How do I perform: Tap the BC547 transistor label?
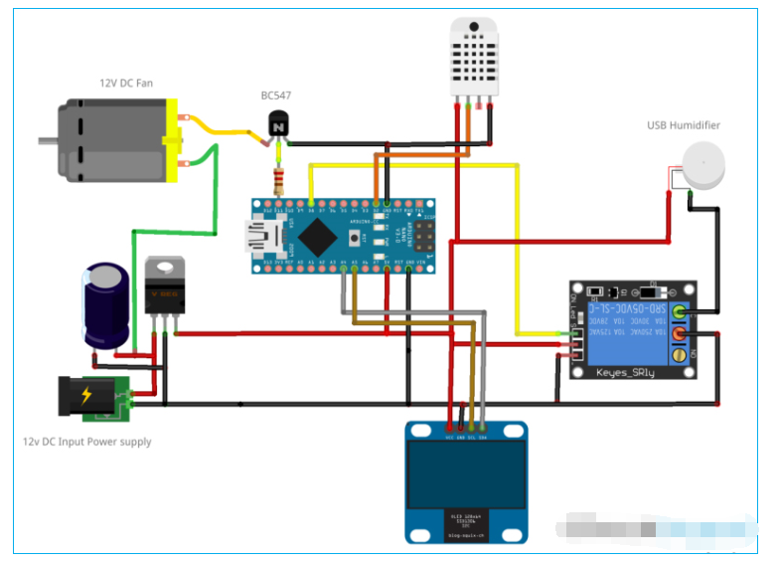275,95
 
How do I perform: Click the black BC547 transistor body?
279,125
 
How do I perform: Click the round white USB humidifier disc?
703,165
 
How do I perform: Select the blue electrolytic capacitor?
105,304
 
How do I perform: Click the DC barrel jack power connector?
92,397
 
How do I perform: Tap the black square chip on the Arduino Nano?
319,237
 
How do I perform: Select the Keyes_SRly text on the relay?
625,371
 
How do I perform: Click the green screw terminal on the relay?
680,312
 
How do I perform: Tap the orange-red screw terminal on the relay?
680,335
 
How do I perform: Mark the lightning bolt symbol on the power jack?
86,395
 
